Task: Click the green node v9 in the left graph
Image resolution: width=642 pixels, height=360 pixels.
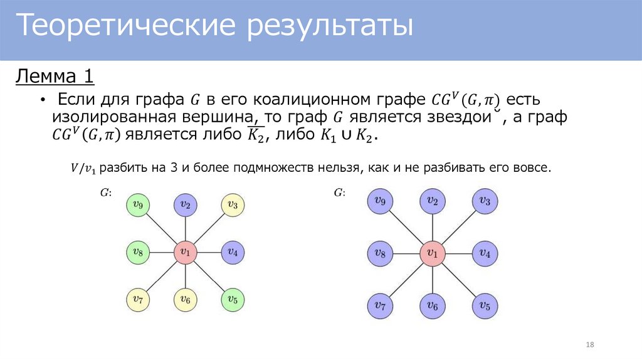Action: (x=137, y=205)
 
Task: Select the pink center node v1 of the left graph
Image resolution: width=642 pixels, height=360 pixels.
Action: (x=185, y=253)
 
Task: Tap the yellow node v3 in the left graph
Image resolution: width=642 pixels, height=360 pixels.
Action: (x=233, y=205)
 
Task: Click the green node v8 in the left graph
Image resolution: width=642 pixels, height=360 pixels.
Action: (x=137, y=253)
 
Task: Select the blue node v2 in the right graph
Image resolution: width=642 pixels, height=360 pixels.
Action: (x=433, y=201)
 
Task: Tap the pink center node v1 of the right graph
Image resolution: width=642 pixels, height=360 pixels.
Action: (x=433, y=253)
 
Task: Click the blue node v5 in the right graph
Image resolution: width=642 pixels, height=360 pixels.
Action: (x=485, y=305)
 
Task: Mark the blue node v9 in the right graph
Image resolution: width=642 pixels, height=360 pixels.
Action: (x=380, y=201)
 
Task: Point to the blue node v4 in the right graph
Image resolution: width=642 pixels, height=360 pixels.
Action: (x=485, y=253)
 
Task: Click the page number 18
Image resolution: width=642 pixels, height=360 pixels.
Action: (x=589, y=345)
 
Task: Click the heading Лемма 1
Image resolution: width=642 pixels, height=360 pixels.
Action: (x=55, y=77)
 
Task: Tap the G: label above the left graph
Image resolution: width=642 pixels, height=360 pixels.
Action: (x=106, y=193)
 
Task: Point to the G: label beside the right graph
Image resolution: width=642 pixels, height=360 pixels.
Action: (x=339, y=193)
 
